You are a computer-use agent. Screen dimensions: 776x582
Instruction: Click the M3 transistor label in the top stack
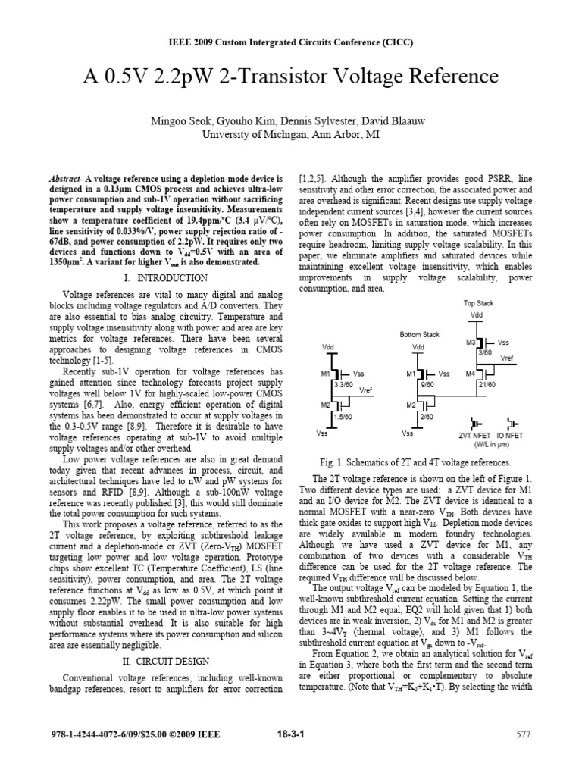(x=470, y=342)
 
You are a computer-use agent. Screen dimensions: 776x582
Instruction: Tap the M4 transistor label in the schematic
(x=470, y=374)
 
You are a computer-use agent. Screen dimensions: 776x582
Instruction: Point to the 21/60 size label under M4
(x=487, y=384)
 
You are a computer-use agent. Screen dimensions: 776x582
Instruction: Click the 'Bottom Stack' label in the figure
(x=419, y=334)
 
